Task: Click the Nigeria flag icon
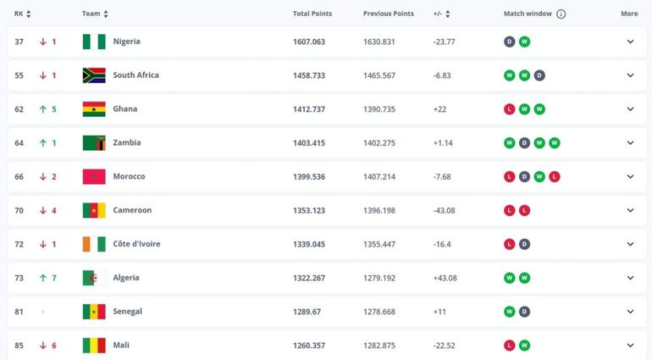[x=93, y=42]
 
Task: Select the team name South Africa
[x=135, y=75]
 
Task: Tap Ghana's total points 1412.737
[x=309, y=109]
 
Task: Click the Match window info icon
[x=561, y=14]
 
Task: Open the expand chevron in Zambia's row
[x=630, y=143]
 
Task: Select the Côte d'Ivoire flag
[x=93, y=244]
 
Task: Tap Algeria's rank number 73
[x=19, y=278]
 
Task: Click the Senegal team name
[x=127, y=312]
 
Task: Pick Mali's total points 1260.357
[x=309, y=345]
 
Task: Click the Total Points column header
[x=312, y=14]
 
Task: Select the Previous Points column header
[x=389, y=14]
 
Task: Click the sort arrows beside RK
[x=29, y=14]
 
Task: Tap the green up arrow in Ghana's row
[x=42, y=109]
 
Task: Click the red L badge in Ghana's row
[x=510, y=109]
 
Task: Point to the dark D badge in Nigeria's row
[x=510, y=42]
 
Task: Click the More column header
[x=629, y=14]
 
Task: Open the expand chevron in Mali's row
[x=630, y=345]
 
